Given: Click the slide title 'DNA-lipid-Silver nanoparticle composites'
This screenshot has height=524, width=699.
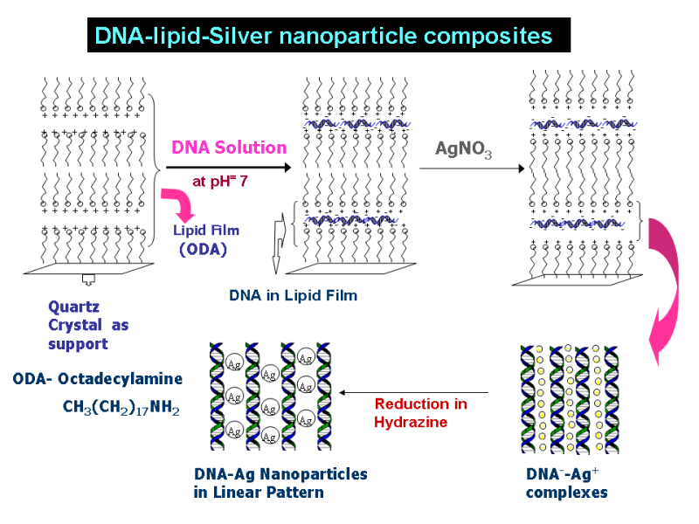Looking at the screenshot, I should (323, 36).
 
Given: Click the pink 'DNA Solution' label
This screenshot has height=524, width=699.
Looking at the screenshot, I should (229, 147).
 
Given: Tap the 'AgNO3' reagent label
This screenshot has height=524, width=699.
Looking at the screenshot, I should (463, 150).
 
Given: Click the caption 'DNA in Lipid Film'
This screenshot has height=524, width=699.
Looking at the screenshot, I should (293, 295).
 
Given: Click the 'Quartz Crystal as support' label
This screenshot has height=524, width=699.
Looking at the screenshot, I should (88, 325).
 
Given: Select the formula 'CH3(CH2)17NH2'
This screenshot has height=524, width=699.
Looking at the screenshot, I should (121, 407).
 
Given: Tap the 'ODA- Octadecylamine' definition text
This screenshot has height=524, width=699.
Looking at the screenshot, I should (98, 378).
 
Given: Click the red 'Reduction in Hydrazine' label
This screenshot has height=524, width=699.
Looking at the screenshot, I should (420, 413).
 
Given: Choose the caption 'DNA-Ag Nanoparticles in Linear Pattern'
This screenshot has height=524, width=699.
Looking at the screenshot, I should (280, 483).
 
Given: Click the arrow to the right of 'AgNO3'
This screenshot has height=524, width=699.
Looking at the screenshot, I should (471, 169).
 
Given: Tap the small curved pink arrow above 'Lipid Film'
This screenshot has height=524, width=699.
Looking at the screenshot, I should (183, 204).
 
